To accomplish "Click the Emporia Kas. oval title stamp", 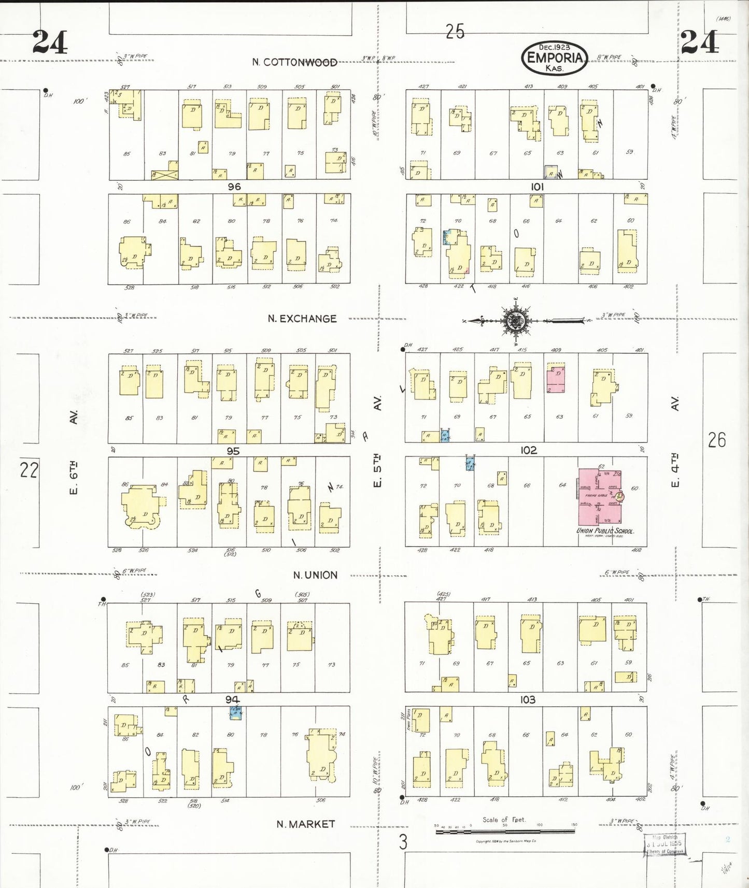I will pos(555,58).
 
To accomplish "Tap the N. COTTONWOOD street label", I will pos(294,62).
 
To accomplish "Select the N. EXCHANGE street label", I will pos(302,319).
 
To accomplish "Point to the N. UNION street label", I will pos(315,575).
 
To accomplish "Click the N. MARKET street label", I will pos(306,824).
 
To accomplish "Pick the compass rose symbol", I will pos(516,321).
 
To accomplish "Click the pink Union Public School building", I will pos(600,496).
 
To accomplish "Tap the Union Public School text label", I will pos(605,531).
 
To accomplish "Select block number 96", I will pos(234,187).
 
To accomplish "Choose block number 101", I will pos(537,187).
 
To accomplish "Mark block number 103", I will pos(528,699).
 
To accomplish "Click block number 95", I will pos(233,451).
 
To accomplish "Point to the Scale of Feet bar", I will pos(505,831).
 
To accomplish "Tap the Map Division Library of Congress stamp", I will pos(665,844).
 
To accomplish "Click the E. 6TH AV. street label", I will pos(74,451).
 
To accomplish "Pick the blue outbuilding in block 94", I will pos(236,713).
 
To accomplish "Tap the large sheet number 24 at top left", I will pos(50,42).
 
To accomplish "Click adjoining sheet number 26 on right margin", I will pos(717,440).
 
